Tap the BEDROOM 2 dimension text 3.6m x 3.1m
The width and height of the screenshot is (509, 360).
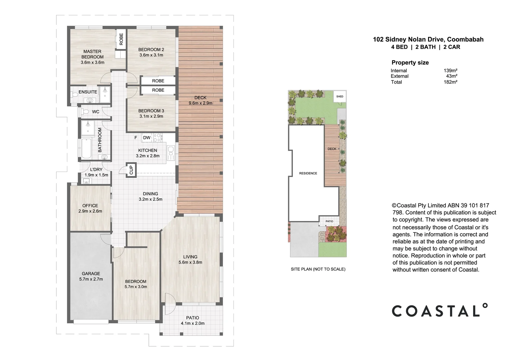coord(151,55)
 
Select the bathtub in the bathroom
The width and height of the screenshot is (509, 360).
coord(86,149)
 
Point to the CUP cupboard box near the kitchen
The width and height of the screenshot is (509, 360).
coord(131,170)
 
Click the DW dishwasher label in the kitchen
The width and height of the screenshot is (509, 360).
coord(147,138)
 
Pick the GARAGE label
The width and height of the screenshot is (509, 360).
coord(91,274)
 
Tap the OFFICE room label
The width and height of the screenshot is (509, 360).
coord(90,206)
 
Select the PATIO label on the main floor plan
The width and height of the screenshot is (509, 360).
coord(193,318)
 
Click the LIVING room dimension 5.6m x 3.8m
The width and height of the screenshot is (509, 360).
coord(190,262)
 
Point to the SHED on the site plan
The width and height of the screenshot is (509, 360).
coord(339,97)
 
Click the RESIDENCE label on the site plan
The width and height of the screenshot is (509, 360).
coord(308,173)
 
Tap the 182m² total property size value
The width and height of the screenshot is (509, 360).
coord(450,82)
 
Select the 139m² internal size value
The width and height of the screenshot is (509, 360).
coord(450,71)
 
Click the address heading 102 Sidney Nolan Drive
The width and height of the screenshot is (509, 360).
coord(428,39)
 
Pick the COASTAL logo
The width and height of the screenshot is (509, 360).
coord(439,310)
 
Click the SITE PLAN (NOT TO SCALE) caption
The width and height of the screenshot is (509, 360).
coord(318,269)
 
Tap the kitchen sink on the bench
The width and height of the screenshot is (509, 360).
coord(171,153)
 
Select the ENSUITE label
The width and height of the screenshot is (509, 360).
coord(88,92)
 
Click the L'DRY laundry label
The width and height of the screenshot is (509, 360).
coord(96,169)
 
